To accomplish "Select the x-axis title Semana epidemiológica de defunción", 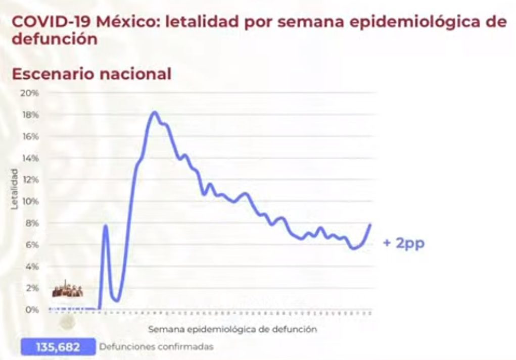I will pyautogui.click(x=232, y=329).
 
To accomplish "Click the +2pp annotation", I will pyautogui.click(x=404, y=243).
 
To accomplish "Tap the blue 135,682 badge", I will pyautogui.click(x=58, y=347).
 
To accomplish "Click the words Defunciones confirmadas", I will pyautogui.click(x=156, y=347).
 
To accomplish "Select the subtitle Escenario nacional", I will pyautogui.click(x=91, y=74).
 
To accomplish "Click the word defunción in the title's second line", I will pyautogui.click(x=55, y=39).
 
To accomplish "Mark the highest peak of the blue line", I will pyautogui.click(x=154, y=112).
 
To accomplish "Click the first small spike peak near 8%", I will pyautogui.click(x=106, y=225).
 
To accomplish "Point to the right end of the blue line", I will pyautogui.click(x=370, y=225).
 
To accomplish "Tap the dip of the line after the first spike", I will pyautogui.click(x=117, y=300).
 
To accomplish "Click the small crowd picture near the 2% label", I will pyautogui.click(x=67, y=291).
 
